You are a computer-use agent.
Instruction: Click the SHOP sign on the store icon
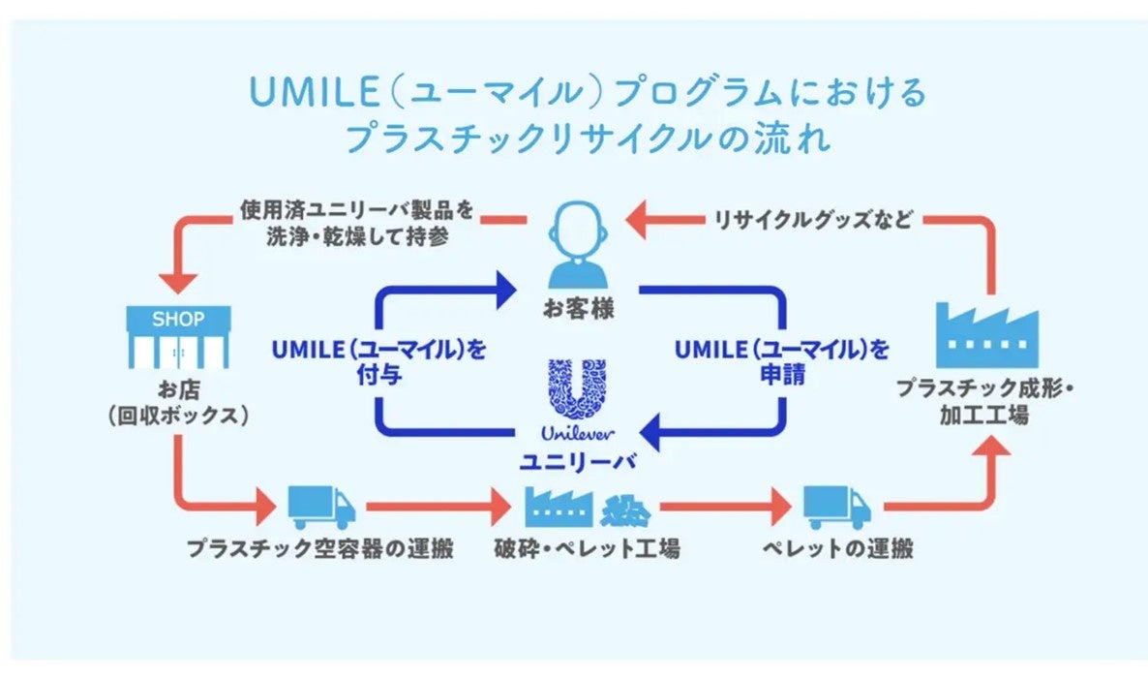pos(178,319)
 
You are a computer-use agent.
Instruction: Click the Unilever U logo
pos(578,391)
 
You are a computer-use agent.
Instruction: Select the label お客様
pos(578,311)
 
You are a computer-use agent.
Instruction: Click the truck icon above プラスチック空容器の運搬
pos(321,507)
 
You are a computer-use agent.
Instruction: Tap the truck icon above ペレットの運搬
pos(836,507)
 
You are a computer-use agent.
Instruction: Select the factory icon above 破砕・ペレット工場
pos(559,506)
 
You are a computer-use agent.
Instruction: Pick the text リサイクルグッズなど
pos(813,220)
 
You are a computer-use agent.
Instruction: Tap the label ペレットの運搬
pos(837,549)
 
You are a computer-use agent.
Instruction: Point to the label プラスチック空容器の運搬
pos(321,549)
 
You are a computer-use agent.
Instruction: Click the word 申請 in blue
pos(781,375)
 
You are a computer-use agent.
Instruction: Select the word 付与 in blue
pos(378,375)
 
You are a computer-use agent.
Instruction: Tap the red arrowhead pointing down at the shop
pos(178,281)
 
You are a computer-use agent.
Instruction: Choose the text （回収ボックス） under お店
pos(178,415)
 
